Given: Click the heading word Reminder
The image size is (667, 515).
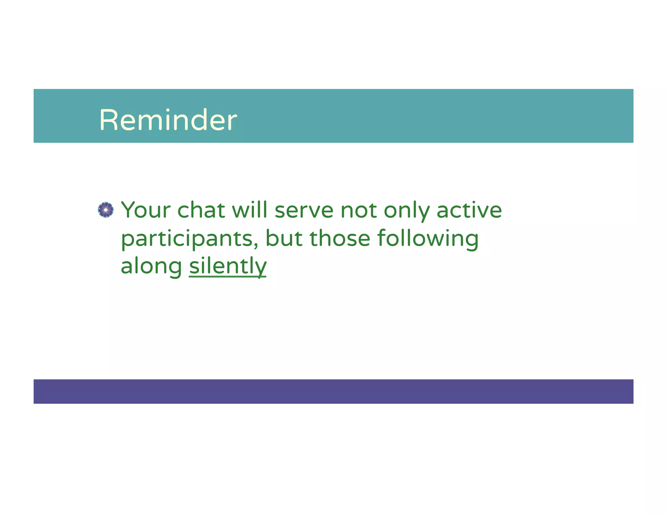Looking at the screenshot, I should pos(168,120).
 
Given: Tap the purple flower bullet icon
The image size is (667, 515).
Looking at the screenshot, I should pos(106,210).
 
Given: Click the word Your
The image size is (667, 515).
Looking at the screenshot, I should pos(146,210).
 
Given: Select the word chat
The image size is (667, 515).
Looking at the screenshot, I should pos(201,210).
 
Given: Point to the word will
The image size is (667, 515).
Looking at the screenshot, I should pos(249,210).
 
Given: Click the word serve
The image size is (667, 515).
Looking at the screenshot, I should pos(304,211).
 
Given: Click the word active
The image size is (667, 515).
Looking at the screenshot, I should pos(469,210).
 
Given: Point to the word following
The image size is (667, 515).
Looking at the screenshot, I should pos(428,239).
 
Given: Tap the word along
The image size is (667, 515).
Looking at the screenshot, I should pos(151,266).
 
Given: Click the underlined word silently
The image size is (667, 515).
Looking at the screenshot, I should pos(227,266).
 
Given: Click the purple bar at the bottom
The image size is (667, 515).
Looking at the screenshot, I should pos(333,391).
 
